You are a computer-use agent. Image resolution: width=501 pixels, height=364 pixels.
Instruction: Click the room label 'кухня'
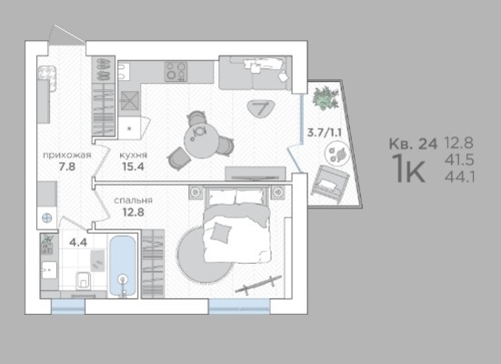tap(134, 156)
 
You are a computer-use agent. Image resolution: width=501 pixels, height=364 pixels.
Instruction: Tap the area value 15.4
tap(134, 167)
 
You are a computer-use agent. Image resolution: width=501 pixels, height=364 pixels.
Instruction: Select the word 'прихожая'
tap(67, 156)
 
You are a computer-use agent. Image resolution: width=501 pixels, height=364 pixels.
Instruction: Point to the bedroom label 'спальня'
tap(134, 200)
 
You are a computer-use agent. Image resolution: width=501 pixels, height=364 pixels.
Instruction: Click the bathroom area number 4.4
tap(78, 242)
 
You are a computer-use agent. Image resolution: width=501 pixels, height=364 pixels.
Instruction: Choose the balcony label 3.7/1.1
tap(325, 132)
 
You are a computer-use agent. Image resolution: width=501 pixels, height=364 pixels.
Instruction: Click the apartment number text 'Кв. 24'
tap(413, 144)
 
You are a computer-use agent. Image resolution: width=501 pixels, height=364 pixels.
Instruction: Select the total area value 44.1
tap(459, 177)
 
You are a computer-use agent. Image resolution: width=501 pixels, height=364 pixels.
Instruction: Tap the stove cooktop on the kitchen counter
tap(176, 72)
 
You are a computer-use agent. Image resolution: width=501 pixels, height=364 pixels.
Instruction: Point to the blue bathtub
tap(123, 266)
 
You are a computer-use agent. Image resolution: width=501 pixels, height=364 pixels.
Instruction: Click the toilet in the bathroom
tap(84, 280)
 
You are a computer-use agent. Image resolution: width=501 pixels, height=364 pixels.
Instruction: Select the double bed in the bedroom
tap(236, 225)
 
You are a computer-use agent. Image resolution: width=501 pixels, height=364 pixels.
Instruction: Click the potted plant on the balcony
tap(326, 98)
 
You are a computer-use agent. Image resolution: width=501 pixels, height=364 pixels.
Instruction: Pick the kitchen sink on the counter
tap(125, 71)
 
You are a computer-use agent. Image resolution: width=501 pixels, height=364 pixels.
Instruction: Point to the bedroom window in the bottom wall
tap(239, 307)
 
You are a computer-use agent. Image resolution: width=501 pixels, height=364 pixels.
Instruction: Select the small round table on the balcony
tap(337, 154)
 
